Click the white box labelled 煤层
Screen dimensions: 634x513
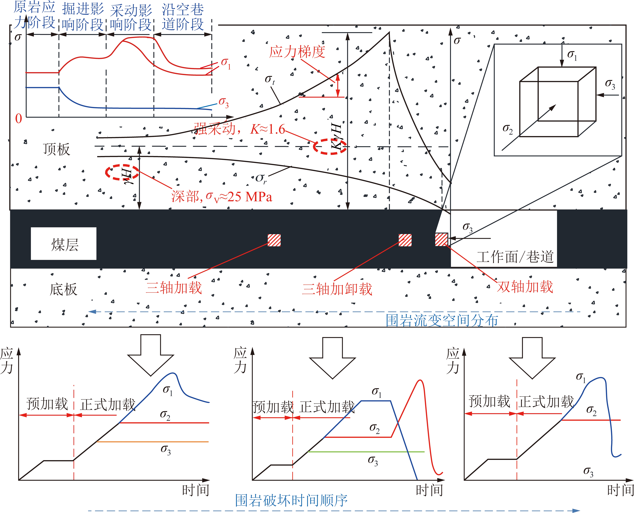pyautogui.click(x=64, y=243)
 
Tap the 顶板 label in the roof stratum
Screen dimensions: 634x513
pyautogui.click(x=57, y=149)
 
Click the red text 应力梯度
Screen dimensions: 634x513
pyautogui.click(x=297, y=52)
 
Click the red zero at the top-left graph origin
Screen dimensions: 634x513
pyautogui.click(x=18, y=119)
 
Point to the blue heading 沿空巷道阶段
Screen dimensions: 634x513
pyautogui.click(x=183, y=17)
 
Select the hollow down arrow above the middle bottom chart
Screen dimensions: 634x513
pyautogui.click(x=333, y=358)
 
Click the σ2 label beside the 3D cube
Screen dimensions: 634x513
pyautogui.click(x=508, y=129)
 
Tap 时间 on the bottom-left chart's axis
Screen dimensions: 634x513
pyautogui.click(x=196, y=490)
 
